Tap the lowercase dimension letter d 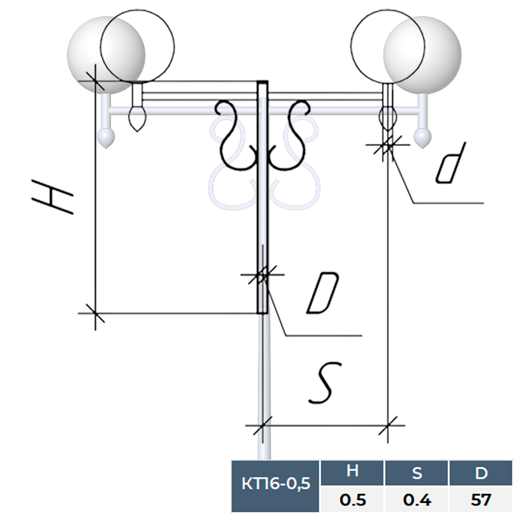[x=451, y=163]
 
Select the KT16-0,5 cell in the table [x=276, y=484]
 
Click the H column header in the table [x=352, y=472]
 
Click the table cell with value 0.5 [x=352, y=499]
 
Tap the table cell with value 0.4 [x=416, y=499]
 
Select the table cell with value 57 [x=481, y=499]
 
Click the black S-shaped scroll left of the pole [x=234, y=136]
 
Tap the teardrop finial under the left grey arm [x=106, y=138]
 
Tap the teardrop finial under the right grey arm [x=423, y=137]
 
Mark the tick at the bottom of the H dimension [x=95, y=313]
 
